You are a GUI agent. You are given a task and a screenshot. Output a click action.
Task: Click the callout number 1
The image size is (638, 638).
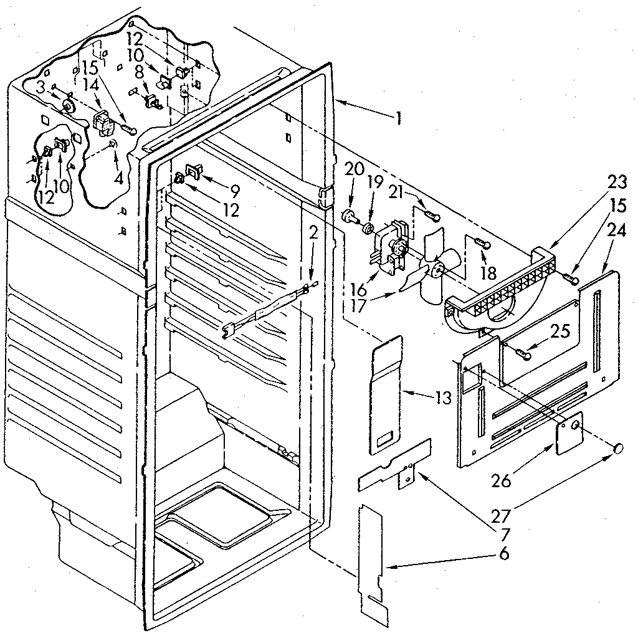pos(399,118)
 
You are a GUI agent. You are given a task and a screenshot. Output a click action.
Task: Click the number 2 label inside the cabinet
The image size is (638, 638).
pos(314,234)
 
